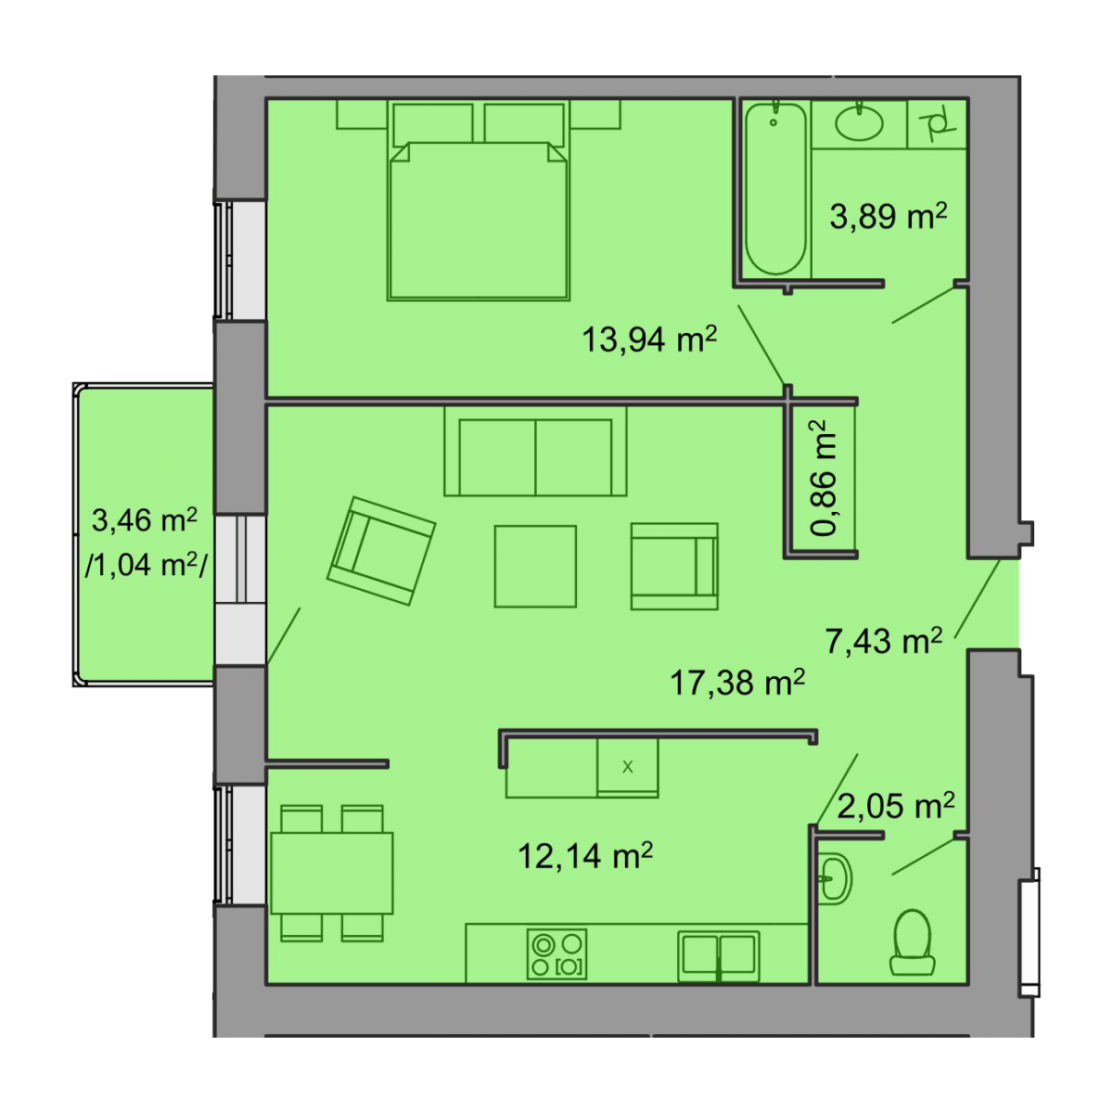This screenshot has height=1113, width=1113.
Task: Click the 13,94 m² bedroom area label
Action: click(x=648, y=339)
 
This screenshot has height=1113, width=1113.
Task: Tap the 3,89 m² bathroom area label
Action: click(x=889, y=216)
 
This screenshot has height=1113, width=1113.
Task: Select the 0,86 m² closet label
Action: click(x=824, y=479)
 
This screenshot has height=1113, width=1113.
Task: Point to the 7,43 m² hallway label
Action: click(x=884, y=641)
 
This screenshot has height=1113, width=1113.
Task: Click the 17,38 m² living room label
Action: click(x=737, y=682)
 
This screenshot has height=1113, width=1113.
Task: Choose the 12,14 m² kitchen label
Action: click(x=585, y=855)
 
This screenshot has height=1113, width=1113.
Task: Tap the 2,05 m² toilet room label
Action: click(x=895, y=806)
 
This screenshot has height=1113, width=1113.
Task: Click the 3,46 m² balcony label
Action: click(x=145, y=519)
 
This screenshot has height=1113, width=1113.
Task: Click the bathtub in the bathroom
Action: click(x=774, y=188)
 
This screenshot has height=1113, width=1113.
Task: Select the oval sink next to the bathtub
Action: click(x=859, y=122)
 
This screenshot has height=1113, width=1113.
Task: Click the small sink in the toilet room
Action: click(x=834, y=879)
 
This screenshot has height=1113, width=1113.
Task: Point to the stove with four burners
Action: click(x=556, y=954)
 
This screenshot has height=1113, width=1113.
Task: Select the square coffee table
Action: click(x=535, y=567)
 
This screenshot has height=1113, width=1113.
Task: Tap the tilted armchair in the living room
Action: click(x=381, y=551)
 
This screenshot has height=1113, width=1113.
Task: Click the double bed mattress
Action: click(x=479, y=221)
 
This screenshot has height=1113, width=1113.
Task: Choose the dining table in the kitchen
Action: click(x=331, y=874)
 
